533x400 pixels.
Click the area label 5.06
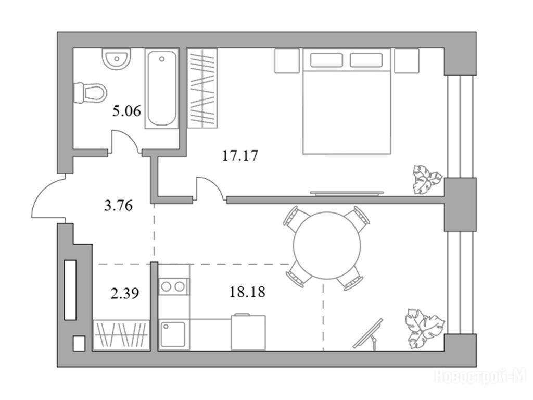[126, 111]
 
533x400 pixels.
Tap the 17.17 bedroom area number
[240, 156]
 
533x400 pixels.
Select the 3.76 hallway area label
[118, 205]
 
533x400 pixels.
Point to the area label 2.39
[125, 293]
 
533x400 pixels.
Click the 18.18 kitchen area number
[247, 292]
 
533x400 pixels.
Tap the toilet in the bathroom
[90, 93]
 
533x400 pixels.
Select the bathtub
[162, 89]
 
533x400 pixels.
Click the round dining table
[327, 246]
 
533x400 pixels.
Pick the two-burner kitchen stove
[173, 286]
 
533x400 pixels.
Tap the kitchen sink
[173, 335]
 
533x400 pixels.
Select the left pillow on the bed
[326, 60]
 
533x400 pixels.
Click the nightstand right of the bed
[407, 61]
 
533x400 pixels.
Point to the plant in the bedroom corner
[426, 180]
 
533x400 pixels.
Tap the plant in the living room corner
[424, 329]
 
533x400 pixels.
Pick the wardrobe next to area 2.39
[121, 335]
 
